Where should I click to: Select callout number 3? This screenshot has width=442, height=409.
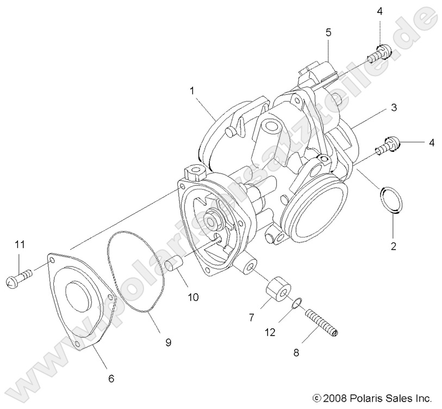[x=393, y=108]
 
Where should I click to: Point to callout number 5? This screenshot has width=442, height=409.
[x=328, y=33]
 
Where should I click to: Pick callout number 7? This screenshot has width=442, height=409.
[x=251, y=318]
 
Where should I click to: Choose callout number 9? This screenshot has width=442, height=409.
[x=168, y=342]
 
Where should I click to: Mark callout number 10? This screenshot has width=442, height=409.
[x=193, y=297]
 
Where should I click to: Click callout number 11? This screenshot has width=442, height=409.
[x=20, y=245]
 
